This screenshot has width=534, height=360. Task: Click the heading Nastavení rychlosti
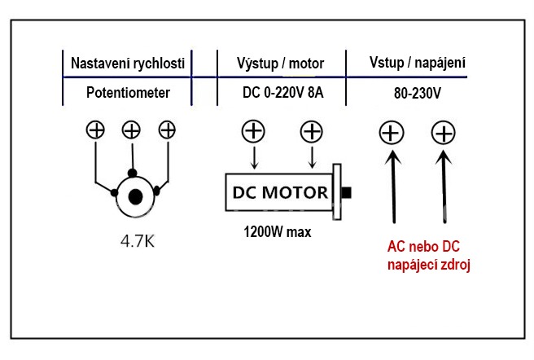pyautogui.click(x=128, y=64)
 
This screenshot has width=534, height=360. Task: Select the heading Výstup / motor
pyautogui.click(x=282, y=64)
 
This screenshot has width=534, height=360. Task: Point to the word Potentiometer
pyautogui.click(x=128, y=93)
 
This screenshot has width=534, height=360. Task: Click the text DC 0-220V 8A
pyautogui.click(x=282, y=93)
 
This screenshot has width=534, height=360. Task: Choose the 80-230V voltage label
pyautogui.click(x=416, y=93)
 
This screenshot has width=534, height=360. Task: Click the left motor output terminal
pyautogui.click(x=254, y=131)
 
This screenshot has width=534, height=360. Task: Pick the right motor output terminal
pyautogui.click(x=311, y=131)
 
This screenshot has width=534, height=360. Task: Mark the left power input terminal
pyautogui.click(x=392, y=132)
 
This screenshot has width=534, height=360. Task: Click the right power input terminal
pyautogui.click(x=442, y=132)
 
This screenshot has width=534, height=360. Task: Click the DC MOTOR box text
pyautogui.click(x=280, y=194)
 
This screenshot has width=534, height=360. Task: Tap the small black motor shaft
pyautogui.click(x=348, y=194)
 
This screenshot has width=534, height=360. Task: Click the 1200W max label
pyautogui.click(x=277, y=232)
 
